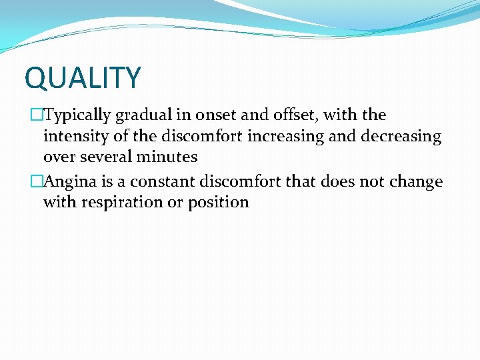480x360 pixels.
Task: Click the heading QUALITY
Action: (83, 77)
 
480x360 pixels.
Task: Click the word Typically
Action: (78, 115)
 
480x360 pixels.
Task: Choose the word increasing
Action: (312, 137)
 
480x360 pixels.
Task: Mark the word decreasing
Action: (402, 137)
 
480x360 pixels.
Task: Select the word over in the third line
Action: (59, 158)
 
